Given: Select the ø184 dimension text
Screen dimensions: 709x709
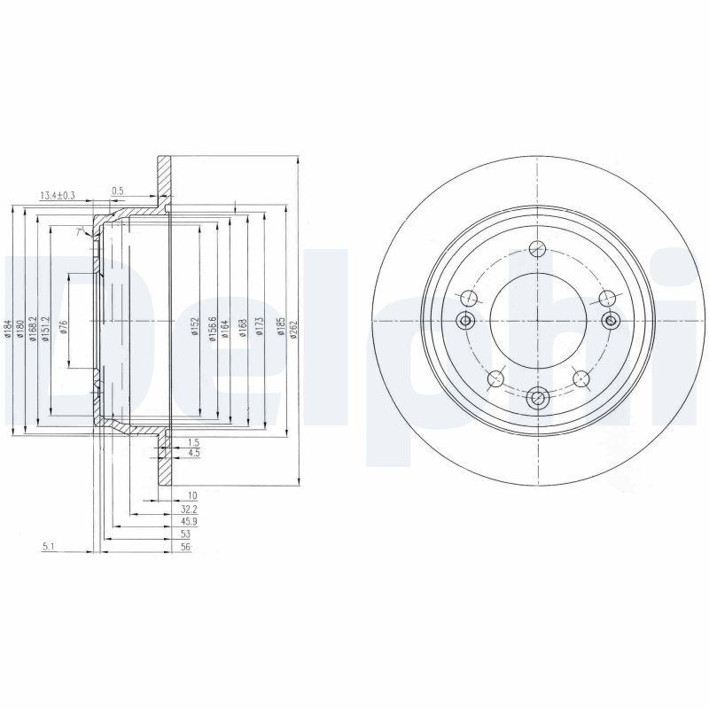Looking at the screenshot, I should click(8, 331).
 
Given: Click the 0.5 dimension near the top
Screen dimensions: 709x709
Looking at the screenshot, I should click(117, 190).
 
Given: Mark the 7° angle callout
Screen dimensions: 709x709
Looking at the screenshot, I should click(79, 231).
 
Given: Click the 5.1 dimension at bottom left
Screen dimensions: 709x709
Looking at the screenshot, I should click(49, 546).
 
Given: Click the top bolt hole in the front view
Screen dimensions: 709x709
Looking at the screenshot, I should click(536, 251).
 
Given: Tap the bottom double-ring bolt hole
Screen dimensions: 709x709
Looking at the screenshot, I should click(537, 400).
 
